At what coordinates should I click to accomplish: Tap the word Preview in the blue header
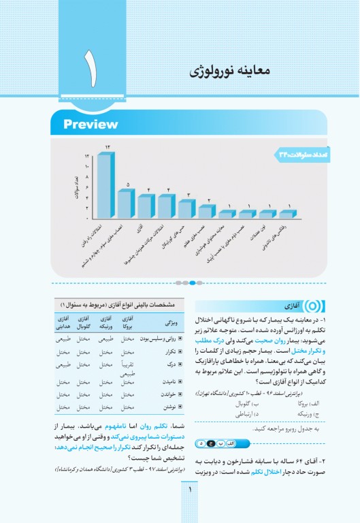pos(91,125)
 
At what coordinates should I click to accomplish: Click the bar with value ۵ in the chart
pos(125,202)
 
